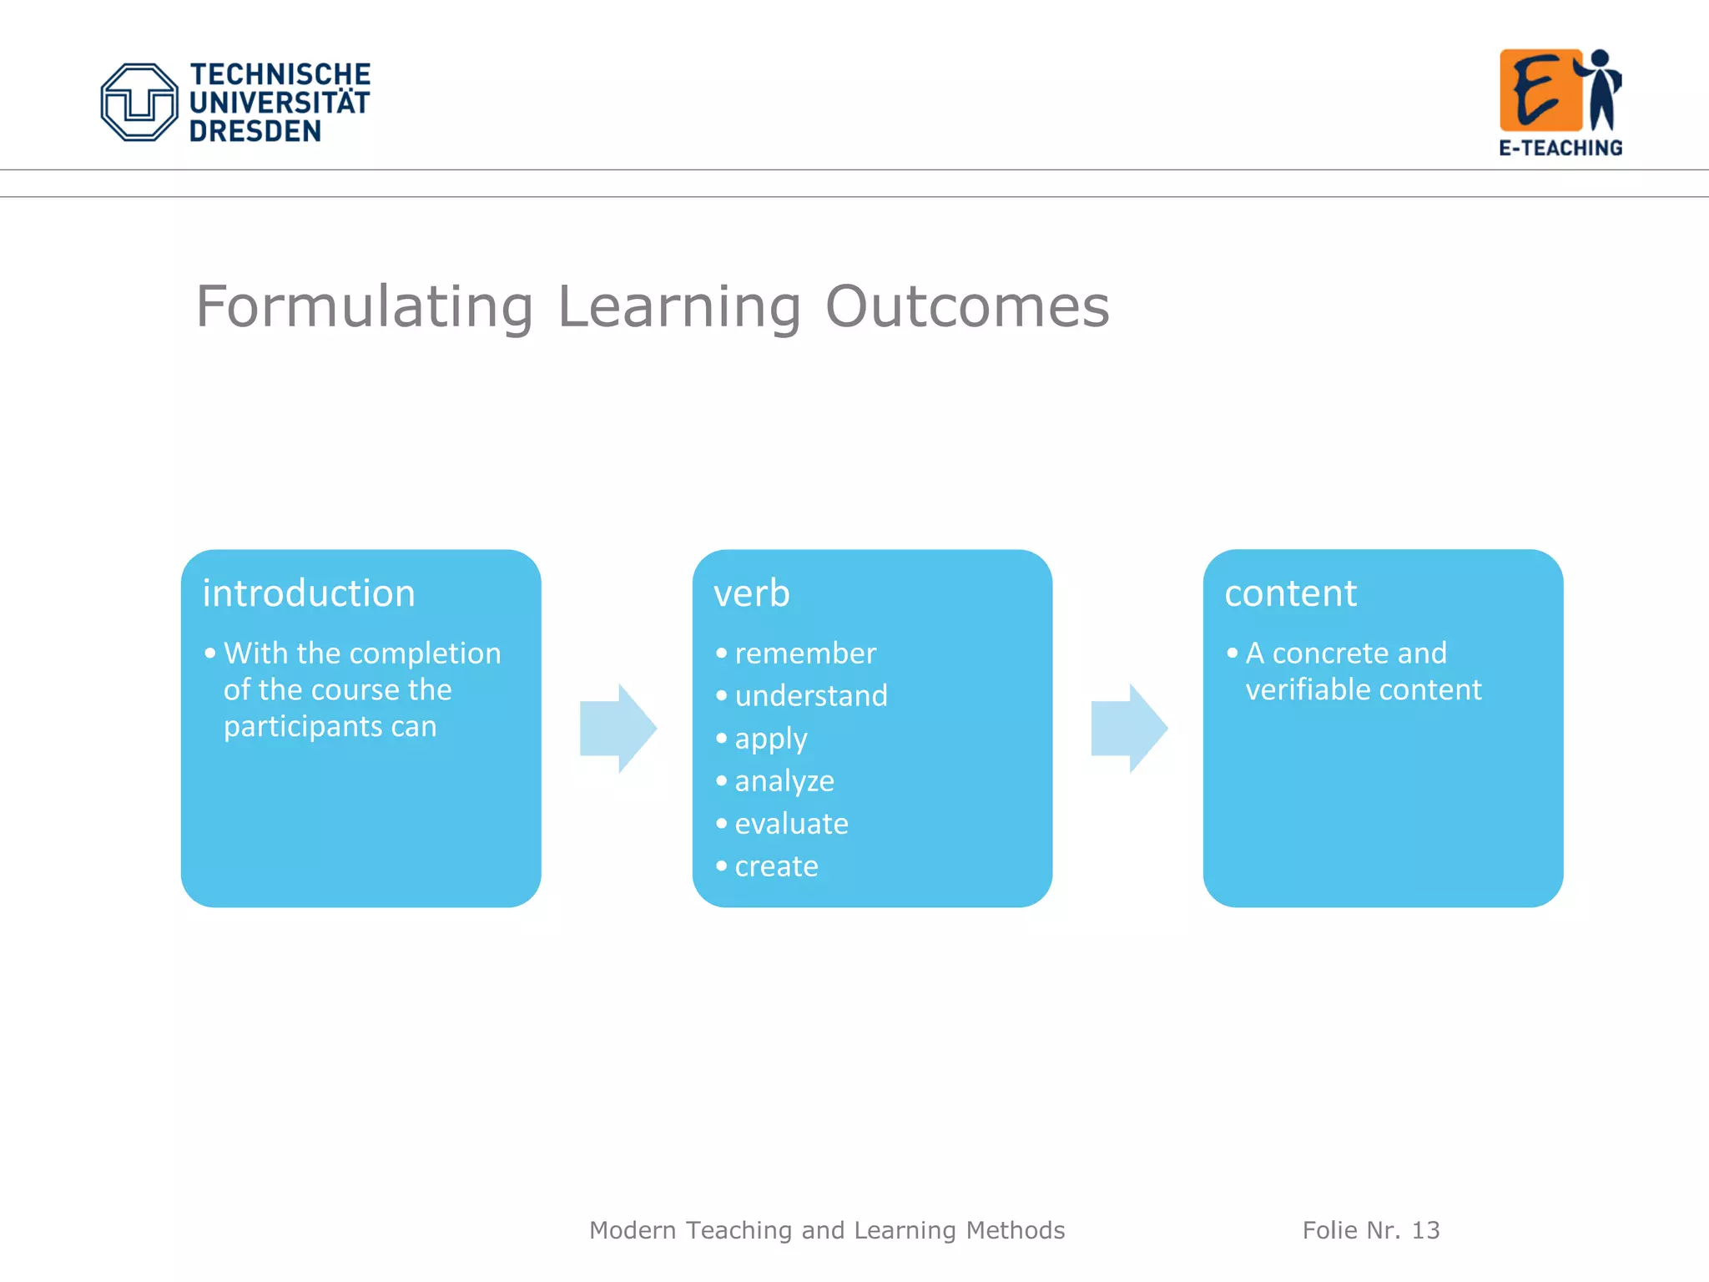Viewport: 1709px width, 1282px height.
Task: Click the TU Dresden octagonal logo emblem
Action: pyautogui.click(x=139, y=102)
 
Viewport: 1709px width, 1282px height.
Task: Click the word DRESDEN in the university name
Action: pyautogui.click(x=255, y=132)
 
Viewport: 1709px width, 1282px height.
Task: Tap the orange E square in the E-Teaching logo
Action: pyautogui.click(x=1540, y=90)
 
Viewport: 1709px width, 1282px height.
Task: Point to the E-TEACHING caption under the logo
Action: pyautogui.click(x=1560, y=148)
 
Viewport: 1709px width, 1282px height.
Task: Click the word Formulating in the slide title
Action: pyautogui.click(x=364, y=306)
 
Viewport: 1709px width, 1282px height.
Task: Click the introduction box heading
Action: pyautogui.click(x=309, y=593)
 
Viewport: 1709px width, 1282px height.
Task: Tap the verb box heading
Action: pyautogui.click(x=751, y=593)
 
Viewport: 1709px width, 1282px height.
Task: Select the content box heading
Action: pyautogui.click(x=1290, y=593)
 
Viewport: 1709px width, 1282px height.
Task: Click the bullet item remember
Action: pyautogui.click(x=804, y=654)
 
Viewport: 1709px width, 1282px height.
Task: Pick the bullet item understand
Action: pyautogui.click(x=810, y=696)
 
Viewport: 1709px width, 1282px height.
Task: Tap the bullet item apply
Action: pyautogui.click(x=770, y=739)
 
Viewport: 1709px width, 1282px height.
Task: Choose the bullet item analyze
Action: pyautogui.click(x=784, y=781)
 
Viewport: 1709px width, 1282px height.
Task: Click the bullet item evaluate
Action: pyautogui.click(x=791, y=824)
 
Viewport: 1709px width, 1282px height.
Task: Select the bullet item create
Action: pyautogui.click(x=776, y=866)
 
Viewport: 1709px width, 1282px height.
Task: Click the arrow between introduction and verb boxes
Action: pyautogui.click(x=618, y=728)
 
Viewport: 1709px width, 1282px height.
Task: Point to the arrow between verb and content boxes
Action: pyautogui.click(x=1129, y=728)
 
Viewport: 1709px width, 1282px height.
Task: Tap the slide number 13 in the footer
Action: pyautogui.click(x=1425, y=1230)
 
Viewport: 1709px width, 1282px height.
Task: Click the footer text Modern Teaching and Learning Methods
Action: pyautogui.click(x=827, y=1230)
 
